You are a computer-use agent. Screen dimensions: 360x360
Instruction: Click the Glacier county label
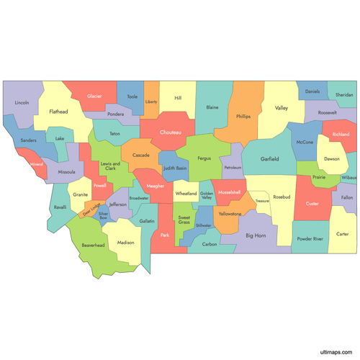tap(94, 96)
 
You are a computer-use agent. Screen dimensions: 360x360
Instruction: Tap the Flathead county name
tap(58, 112)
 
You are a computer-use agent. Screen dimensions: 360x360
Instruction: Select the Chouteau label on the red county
tap(171, 132)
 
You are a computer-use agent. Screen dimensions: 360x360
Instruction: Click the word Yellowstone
tap(230, 214)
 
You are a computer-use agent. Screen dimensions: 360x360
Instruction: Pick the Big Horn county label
tap(256, 235)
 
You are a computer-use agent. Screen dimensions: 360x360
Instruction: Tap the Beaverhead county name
tap(93, 246)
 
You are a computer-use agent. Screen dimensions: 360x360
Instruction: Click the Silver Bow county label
tap(103, 215)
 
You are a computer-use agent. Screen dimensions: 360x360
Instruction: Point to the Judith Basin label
tap(175, 168)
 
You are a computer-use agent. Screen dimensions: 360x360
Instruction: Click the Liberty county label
tap(151, 102)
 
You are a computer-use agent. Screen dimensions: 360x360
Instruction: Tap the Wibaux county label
tap(349, 177)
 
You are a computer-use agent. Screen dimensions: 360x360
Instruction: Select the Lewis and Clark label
tap(110, 166)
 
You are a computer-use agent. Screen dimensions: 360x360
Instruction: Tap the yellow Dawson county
tap(331, 159)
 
